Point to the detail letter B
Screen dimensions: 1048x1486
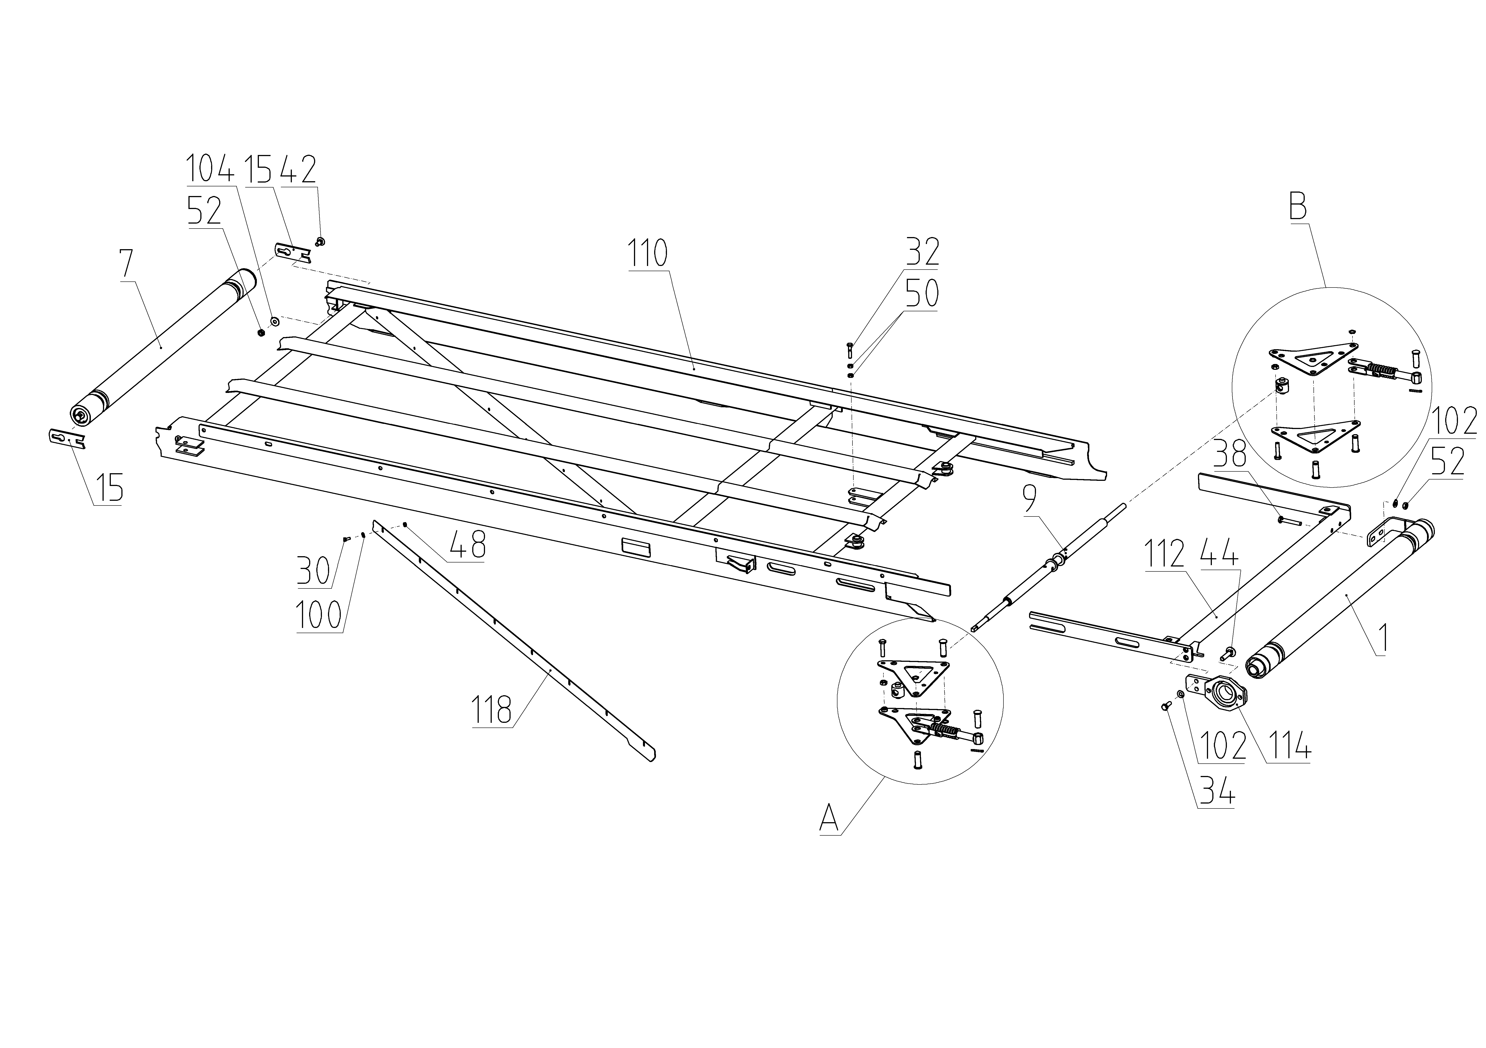(1298, 207)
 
